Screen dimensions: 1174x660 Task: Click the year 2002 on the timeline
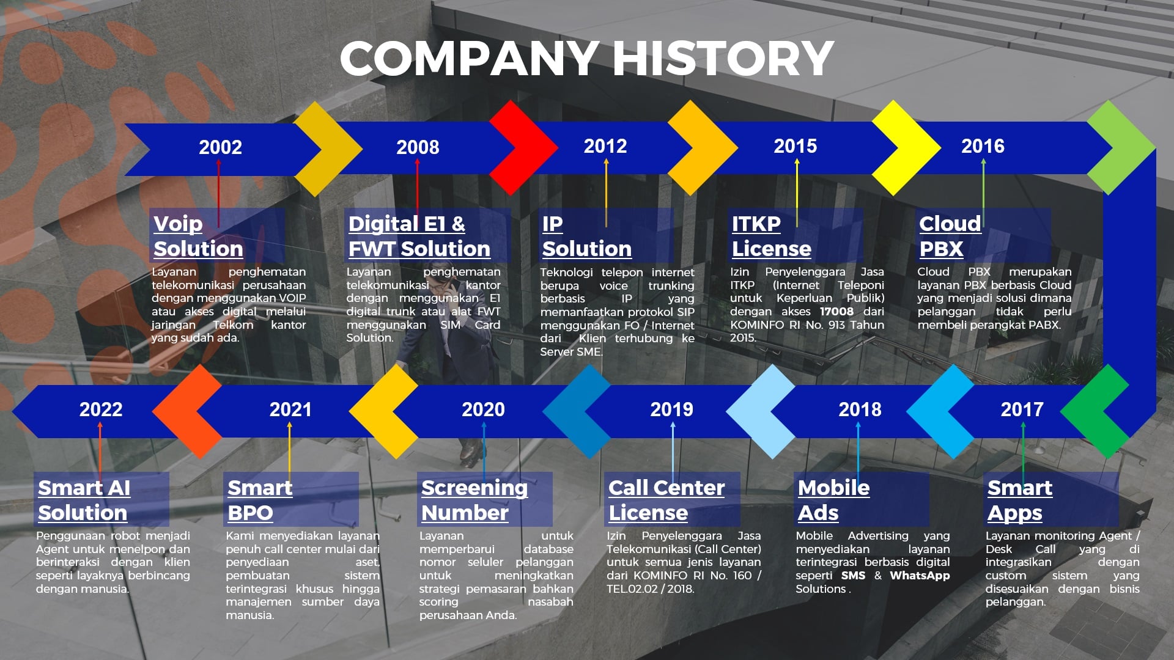coord(220,147)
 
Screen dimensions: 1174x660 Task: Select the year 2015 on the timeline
coord(795,146)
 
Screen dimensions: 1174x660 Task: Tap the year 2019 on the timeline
coord(671,409)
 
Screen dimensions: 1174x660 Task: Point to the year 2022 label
coord(101,409)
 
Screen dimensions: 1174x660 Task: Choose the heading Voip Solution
coord(198,236)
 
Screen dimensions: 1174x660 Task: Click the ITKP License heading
coord(771,236)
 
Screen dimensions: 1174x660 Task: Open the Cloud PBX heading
coord(950,236)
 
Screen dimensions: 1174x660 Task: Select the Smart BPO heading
coord(260,500)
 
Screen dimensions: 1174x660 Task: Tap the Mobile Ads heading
coord(833,500)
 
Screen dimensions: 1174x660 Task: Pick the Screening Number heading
coord(474,500)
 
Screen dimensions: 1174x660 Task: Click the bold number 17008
coord(836,312)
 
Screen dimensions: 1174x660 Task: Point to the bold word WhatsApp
coord(920,576)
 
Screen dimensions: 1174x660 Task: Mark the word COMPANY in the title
coord(469,59)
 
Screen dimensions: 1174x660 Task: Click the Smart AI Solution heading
coord(84,500)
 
